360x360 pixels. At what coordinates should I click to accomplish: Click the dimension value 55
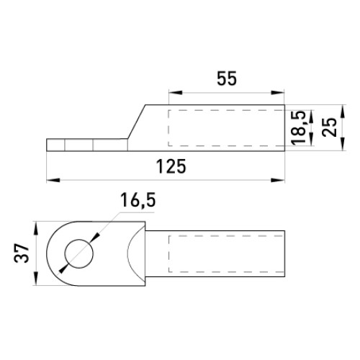coord(227,78)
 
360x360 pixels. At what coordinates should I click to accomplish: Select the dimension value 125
coord(171,166)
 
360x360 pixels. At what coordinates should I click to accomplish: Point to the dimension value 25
coord(329,127)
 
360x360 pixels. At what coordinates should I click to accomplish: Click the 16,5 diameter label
coord(138,200)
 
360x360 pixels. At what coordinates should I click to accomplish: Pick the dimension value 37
coord(22,253)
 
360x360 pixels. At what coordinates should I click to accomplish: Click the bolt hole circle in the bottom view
coord(78,253)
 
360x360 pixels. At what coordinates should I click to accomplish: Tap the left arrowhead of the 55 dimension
coord(176,93)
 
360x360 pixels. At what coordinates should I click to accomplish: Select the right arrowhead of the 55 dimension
coord(278,93)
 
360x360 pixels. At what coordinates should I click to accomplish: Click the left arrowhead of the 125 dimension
coord(53,180)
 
